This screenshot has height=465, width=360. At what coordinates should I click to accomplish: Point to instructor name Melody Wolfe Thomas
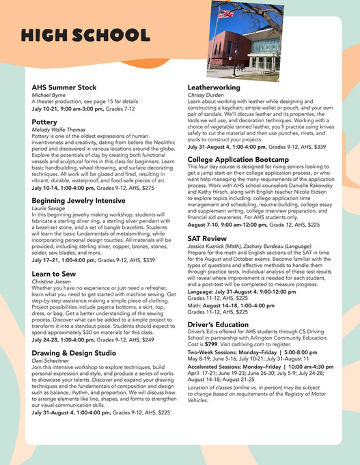(x=64, y=131)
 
